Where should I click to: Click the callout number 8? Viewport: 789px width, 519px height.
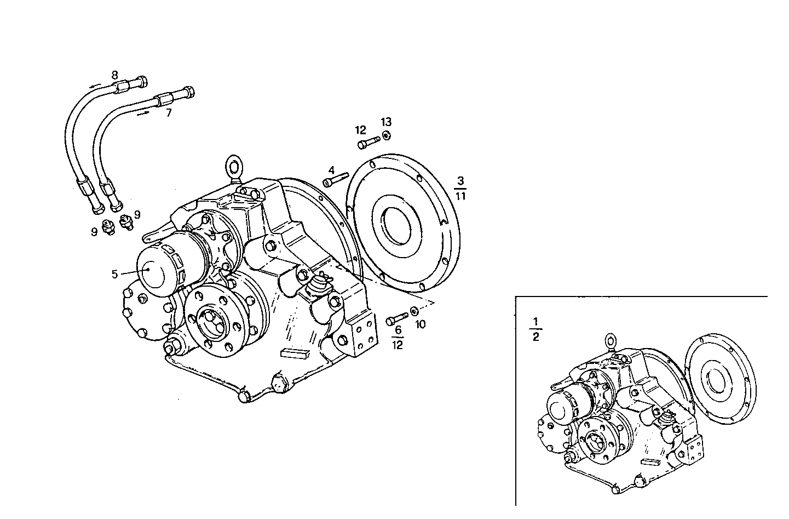114,75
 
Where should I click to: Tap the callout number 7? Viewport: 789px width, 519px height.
169,113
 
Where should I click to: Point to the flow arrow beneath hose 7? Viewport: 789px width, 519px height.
144,113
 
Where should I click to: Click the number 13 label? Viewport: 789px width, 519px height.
387,122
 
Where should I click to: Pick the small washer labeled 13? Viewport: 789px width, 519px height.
386,135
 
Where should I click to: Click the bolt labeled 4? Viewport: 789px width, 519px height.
336,180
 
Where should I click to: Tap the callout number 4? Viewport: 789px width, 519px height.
331,170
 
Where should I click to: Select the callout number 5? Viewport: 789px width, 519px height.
114,274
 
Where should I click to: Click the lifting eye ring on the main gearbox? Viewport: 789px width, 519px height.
235,167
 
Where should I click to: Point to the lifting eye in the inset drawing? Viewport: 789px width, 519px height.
612,341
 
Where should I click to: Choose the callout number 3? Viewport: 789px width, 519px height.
460,181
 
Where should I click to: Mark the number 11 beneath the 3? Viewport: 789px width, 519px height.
460,195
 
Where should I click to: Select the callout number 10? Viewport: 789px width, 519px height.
420,324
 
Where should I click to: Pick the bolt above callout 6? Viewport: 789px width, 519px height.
397,318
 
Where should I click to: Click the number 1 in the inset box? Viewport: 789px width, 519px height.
535,321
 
